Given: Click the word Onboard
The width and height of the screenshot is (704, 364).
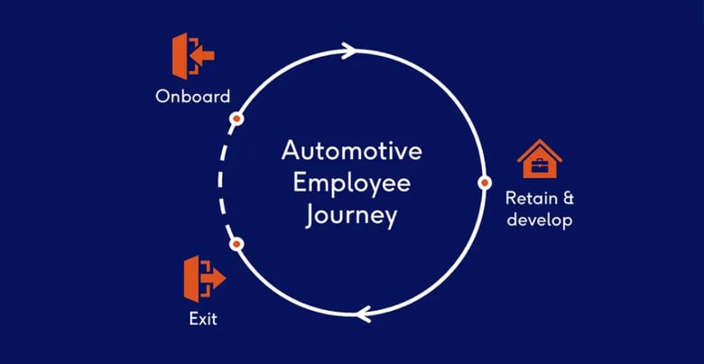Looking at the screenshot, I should coord(191,96).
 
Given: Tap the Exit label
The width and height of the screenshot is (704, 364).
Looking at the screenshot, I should coord(203,318).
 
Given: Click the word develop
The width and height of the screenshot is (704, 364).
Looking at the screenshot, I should coord(539,220).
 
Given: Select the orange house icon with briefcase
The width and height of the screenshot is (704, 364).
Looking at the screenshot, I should coord(540,161).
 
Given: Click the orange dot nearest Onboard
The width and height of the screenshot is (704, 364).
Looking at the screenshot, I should coord(236,118).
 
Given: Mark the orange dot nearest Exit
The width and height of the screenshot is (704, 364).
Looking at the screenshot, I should coord(236,244).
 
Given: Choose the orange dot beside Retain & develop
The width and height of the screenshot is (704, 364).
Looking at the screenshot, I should coord(483,182).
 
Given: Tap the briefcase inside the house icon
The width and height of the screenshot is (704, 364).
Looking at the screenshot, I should coord(540,166).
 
